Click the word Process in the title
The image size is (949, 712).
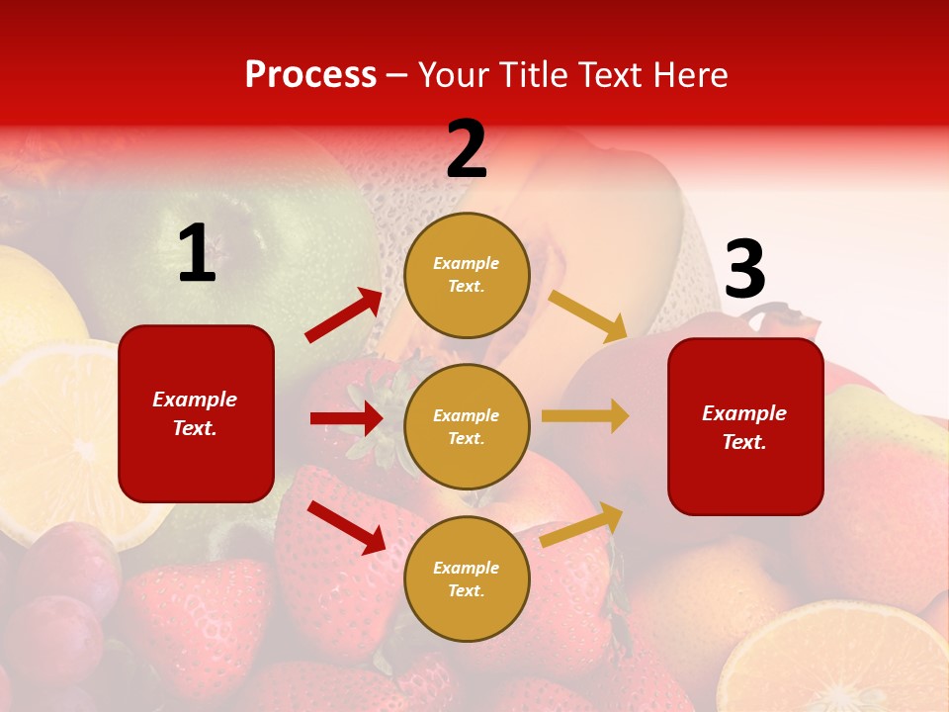pos(310,75)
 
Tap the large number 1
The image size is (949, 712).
pos(197,254)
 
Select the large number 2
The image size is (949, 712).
pos(467,149)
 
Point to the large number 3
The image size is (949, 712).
pos(744,269)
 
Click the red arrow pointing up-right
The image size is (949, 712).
pos(344,315)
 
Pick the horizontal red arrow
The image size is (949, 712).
pos(346,418)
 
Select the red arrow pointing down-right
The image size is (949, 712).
pos(347,527)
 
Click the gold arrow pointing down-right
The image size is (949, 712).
pos(588,315)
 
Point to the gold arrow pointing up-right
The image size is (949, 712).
pos(582,524)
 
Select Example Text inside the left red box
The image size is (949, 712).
pos(195,413)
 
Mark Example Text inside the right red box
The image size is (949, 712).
pos(744,427)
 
